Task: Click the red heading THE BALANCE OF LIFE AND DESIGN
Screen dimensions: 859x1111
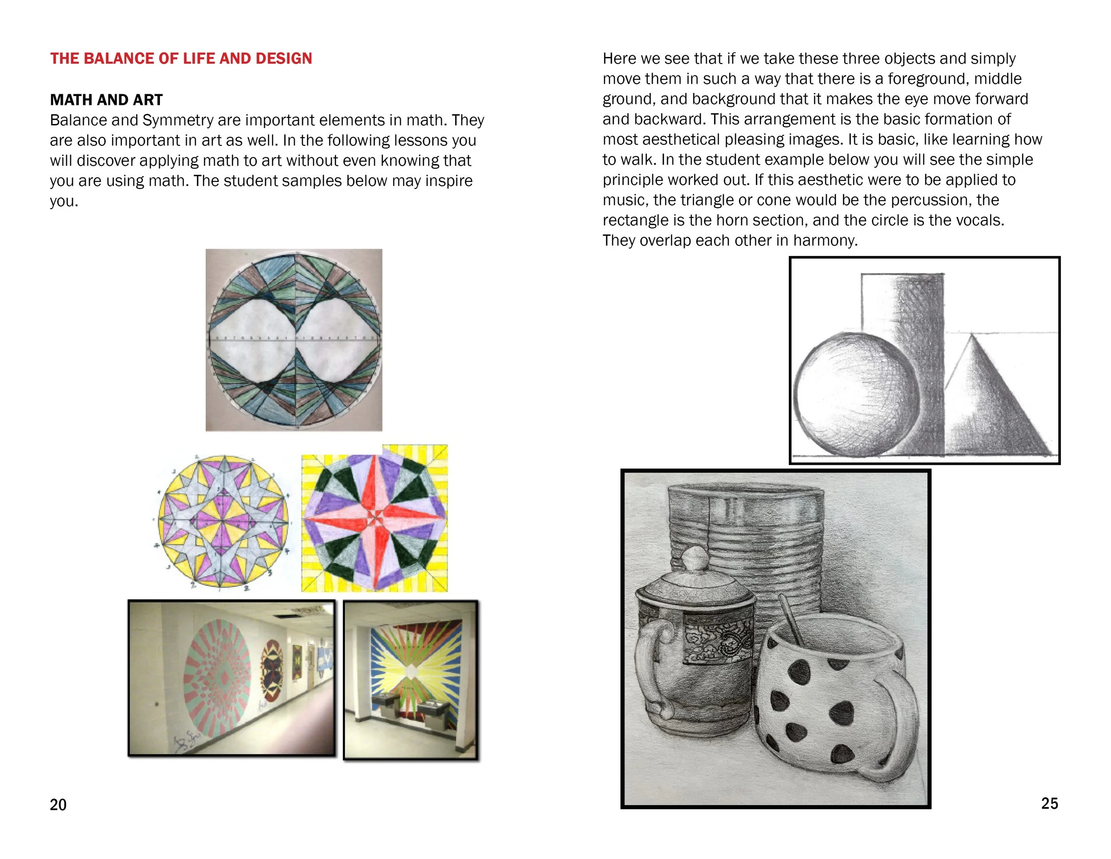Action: (x=180, y=59)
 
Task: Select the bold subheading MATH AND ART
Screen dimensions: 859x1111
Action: (x=106, y=100)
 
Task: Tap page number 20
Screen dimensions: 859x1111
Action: (x=58, y=805)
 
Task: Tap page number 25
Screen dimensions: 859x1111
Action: (x=1049, y=803)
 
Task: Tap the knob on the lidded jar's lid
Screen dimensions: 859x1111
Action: (x=694, y=559)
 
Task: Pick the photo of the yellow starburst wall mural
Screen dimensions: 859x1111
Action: (x=411, y=680)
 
